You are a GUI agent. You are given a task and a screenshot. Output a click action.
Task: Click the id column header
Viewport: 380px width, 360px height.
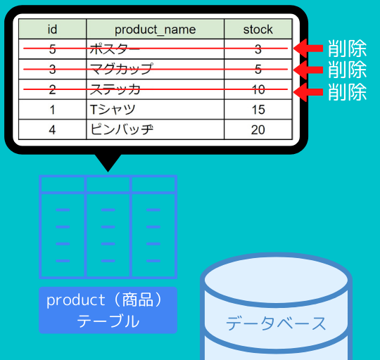point(52,29)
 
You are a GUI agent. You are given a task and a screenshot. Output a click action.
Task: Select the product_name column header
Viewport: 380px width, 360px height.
point(155,29)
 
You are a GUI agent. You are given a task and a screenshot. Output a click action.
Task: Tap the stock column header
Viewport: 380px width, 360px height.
point(258,29)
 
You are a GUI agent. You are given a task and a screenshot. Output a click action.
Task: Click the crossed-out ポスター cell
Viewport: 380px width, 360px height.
point(155,49)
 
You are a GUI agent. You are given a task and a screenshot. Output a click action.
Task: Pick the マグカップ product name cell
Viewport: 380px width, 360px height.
point(155,69)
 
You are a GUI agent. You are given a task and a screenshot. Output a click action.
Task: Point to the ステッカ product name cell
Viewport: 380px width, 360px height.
point(155,89)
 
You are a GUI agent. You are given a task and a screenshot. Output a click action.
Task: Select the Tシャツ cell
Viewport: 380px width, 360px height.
point(155,109)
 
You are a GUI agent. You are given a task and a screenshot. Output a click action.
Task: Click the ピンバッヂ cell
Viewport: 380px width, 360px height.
point(155,129)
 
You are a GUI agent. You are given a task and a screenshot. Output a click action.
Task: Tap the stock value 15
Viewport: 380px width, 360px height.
point(258,109)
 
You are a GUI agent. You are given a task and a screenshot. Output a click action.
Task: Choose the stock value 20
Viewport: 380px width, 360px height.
point(258,129)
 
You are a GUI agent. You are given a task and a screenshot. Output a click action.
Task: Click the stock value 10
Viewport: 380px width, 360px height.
point(258,89)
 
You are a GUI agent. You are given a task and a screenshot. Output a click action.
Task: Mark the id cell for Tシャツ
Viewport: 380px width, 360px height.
point(52,109)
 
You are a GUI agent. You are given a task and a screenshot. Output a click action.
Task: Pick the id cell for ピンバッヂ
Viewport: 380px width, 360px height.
point(52,129)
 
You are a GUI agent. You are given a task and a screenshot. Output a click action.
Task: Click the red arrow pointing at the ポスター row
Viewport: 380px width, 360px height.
point(308,49)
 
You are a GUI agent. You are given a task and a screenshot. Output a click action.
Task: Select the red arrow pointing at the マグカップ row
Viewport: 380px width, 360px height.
point(308,70)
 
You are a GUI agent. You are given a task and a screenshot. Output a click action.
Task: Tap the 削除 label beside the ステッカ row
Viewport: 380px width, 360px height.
point(348,91)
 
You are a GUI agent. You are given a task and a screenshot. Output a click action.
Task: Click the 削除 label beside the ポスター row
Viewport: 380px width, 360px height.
point(348,49)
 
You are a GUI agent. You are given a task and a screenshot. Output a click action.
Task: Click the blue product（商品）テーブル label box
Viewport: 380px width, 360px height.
point(108,310)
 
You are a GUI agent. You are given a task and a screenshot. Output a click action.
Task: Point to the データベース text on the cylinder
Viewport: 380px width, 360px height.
point(276,323)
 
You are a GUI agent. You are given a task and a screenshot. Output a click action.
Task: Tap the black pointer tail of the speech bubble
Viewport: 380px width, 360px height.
point(108,162)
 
